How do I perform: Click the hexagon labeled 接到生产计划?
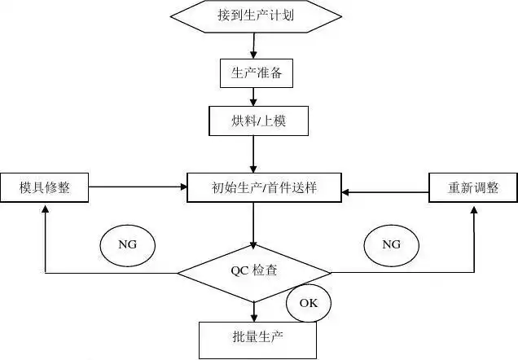click(256, 15)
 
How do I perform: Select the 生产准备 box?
click(256, 73)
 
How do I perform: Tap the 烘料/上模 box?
click(256, 121)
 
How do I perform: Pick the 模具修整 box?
click(45, 187)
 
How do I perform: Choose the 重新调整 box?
click(473, 188)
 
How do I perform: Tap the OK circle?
click(308, 303)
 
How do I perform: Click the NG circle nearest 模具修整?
click(126, 244)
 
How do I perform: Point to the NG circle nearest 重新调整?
click(391, 244)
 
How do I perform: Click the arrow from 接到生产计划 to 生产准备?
click(255, 45)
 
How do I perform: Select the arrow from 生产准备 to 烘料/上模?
click(254, 97)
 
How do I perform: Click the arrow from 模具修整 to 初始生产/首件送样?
click(138, 187)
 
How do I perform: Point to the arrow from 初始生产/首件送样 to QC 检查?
click(254, 225)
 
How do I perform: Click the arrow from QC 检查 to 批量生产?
click(254, 311)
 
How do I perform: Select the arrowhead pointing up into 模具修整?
click(45, 209)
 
